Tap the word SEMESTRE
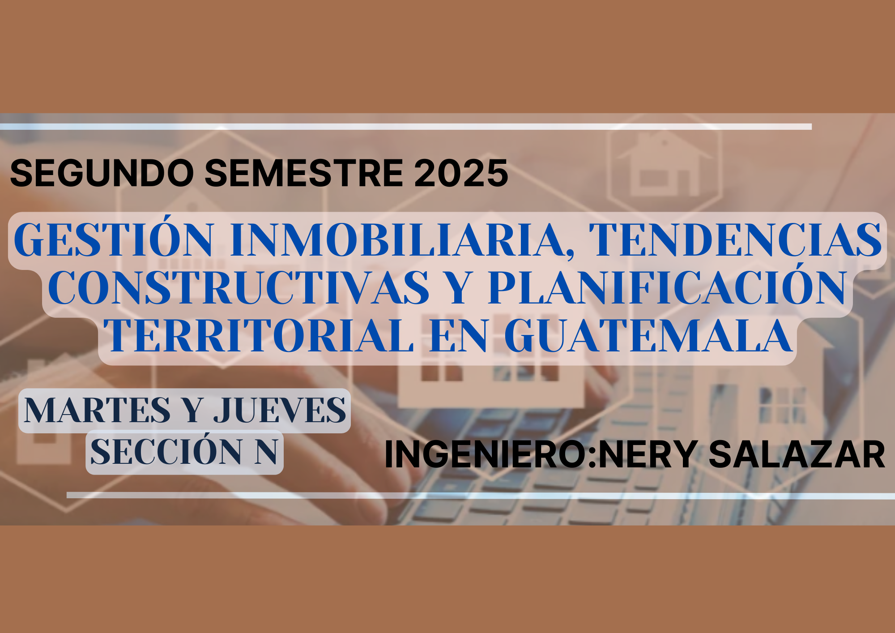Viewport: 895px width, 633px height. [x=304, y=173]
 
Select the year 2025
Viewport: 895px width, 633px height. [x=461, y=173]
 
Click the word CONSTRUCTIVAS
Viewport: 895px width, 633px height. [x=239, y=287]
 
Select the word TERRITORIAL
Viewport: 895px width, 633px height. [x=258, y=335]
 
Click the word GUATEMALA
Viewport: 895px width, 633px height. [x=649, y=335]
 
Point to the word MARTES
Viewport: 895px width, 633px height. [x=97, y=410]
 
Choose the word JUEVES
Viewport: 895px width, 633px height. [x=280, y=410]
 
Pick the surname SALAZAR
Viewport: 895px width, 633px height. [x=797, y=454]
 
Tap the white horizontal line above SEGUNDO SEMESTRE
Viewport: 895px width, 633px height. [x=406, y=127]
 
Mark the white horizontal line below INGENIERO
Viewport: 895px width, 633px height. [x=481, y=496]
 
